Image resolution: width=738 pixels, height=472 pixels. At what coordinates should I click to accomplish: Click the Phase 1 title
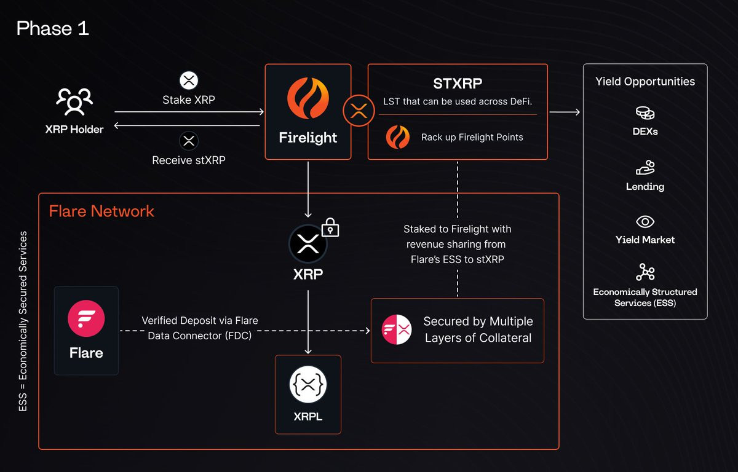click(53, 28)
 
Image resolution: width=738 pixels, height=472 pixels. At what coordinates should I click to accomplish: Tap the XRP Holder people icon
click(74, 101)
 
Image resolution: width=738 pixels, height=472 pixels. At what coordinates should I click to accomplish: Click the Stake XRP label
click(189, 100)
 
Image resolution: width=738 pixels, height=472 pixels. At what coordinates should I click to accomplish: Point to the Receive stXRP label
click(189, 160)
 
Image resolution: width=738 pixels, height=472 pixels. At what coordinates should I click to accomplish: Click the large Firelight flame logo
click(307, 98)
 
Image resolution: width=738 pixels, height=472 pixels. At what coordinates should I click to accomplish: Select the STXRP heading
click(458, 84)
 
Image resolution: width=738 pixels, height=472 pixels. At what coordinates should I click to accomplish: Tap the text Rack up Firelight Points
click(472, 137)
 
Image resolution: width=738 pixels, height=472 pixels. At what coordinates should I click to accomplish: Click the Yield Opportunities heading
click(645, 81)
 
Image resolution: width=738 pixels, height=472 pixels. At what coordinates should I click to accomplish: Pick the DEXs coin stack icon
click(645, 113)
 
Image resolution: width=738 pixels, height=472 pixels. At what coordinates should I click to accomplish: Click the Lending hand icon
click(645, 168)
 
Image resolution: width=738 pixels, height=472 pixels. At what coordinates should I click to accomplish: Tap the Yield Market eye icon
click(645, 221)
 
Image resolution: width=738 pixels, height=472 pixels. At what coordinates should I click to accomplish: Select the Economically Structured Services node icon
click(645, 272)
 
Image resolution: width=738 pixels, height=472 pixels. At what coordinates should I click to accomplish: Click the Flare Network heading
click(101, 211)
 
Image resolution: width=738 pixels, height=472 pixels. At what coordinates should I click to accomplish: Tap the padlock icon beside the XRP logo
click(330, 227)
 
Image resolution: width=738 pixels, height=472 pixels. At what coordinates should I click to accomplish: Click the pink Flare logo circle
click(86, 318)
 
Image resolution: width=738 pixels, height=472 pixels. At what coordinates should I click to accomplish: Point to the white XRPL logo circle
click(308, 385)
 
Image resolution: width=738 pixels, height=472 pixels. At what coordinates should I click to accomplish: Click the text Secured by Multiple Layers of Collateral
click(478, 329)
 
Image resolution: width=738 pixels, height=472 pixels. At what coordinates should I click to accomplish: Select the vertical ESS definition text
click(23, 321)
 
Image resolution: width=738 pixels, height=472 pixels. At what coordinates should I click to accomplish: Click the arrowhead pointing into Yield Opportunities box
click(577, 112)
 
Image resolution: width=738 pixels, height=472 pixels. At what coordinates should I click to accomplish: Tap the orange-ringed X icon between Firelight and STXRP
click(359, 111)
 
